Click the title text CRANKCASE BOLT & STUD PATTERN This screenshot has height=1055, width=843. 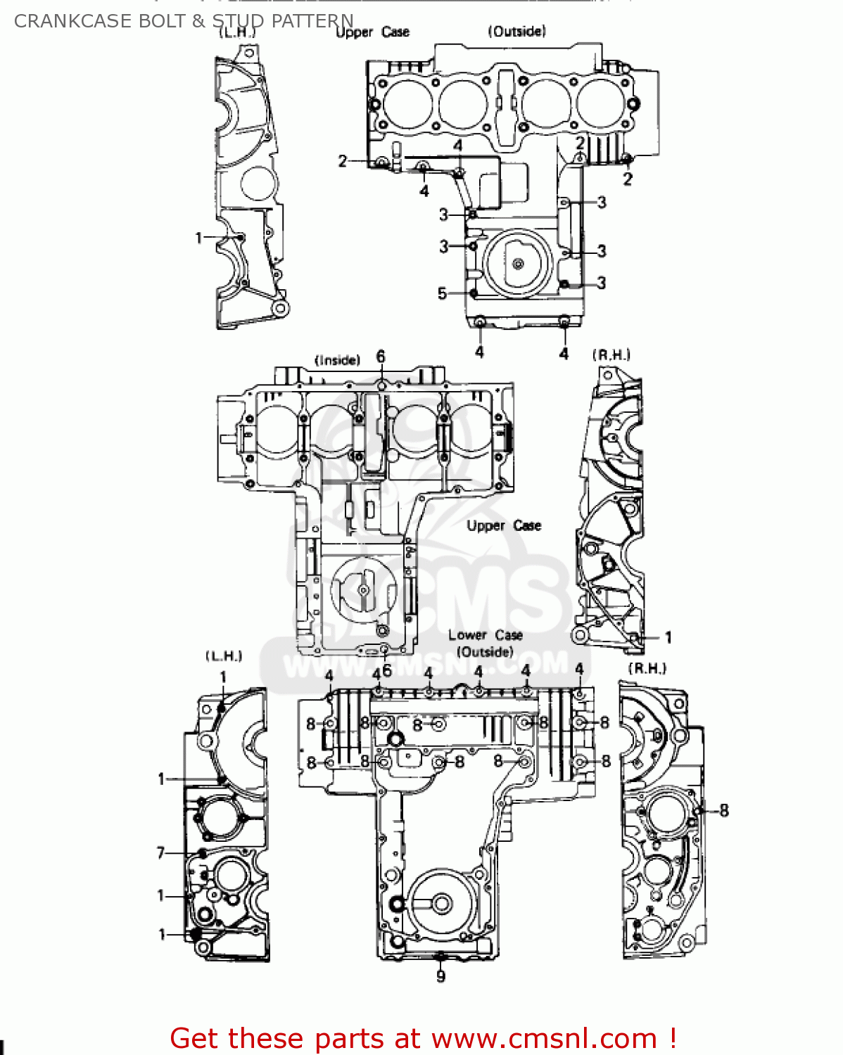(x=184, y=21)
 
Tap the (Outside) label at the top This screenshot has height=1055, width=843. (x=516, y=31)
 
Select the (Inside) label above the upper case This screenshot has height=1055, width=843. (x=337, y=360)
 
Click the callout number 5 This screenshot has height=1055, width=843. (x=442, y=293)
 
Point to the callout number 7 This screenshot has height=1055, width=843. (x=160, y=852)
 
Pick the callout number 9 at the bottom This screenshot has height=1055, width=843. (x=440, y=976)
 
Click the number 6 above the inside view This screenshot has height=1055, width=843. (x=381, y=357)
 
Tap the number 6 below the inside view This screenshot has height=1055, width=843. (x=386, y=670)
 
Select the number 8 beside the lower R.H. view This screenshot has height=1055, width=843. (x=724, y=810)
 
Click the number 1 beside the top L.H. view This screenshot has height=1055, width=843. (x=198, y=238)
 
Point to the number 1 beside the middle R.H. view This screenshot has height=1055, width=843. (x=668, y=637)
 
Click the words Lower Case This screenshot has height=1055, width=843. (x=485, y=635)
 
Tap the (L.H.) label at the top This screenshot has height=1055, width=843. (x=237, y=33)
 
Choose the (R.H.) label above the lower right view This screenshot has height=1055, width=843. (x=647, y=668)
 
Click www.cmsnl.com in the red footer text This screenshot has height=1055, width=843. (x=544, y=1038)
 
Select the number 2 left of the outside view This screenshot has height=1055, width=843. (x=343, y=161)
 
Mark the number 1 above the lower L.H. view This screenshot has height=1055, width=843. (x=223, y=677)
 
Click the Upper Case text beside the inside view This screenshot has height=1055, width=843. (x=504, y=525)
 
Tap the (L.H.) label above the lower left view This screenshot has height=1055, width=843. (x=224, y=656)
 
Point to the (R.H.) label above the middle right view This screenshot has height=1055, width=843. (x=611, y=355)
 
